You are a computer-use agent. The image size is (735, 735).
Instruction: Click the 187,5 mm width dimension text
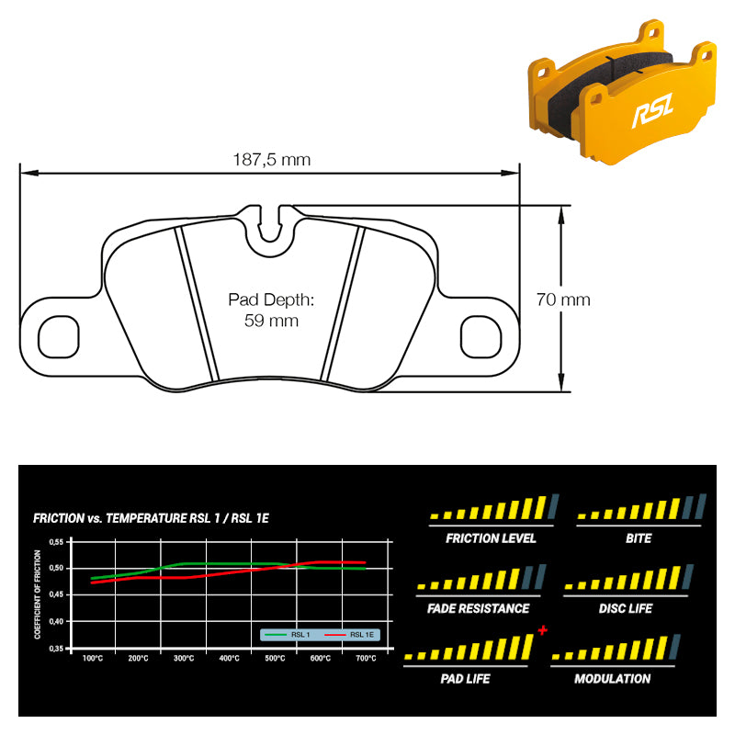[x=272, y=160]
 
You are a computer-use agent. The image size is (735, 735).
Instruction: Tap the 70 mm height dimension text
[x=563, y=300]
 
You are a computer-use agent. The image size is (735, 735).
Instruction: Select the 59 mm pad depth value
[x=271, y=321]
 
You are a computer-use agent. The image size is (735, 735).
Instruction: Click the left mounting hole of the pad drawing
[x=59, y=336]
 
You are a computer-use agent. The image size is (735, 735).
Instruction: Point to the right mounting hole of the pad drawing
[x=481, y=336]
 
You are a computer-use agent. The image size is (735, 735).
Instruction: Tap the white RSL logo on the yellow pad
[x=652, y=110]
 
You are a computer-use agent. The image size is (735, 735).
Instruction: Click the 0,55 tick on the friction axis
[x=56, y=542]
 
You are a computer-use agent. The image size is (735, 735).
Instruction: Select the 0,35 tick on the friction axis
[x=56, y=649]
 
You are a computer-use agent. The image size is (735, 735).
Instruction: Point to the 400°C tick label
[x=229, y=658]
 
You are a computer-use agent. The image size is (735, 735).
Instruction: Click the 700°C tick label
[x=366, y=658]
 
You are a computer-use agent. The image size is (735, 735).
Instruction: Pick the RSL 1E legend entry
[x=349, y=635]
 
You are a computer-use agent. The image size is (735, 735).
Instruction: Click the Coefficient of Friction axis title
[x=38, y=594]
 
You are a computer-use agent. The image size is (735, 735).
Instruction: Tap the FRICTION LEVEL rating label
[x=491, y=538]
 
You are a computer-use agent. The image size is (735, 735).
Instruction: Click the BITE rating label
[x=639, y=538]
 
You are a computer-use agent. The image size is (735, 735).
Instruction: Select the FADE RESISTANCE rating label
[x=478, y=608]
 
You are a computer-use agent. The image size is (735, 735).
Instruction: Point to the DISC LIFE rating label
[x=626, y=608]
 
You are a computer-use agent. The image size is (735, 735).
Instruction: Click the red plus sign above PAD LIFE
[x=543, y=630]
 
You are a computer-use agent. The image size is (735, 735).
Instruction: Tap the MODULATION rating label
[x=612, y=679]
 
